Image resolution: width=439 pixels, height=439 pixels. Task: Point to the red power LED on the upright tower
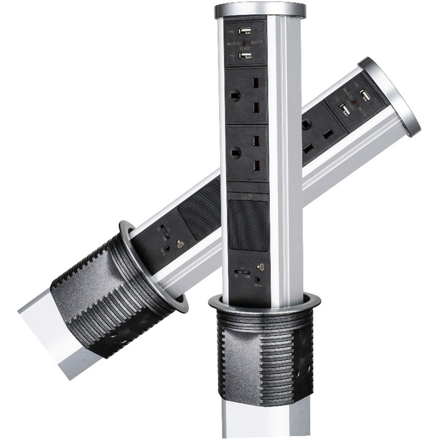245,43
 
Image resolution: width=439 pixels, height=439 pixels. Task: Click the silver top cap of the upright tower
260,10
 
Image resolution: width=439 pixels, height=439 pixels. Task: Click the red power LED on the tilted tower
355,103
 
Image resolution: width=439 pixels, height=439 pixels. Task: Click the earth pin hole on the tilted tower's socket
306,125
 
